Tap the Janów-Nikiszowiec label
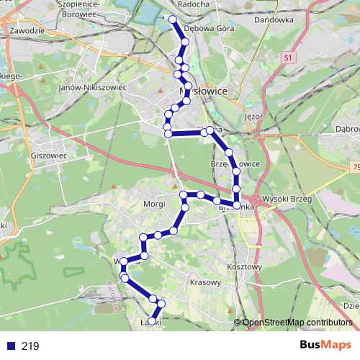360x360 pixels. point(91,87)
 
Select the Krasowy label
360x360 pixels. point(204,282)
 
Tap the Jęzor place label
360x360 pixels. point(255,115)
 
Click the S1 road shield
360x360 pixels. point(289,56)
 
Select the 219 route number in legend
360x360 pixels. point(30,346)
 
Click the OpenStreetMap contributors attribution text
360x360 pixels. point(297,322)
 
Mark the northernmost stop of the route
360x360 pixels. point(172,19)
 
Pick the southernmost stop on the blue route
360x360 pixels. point(151,321)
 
